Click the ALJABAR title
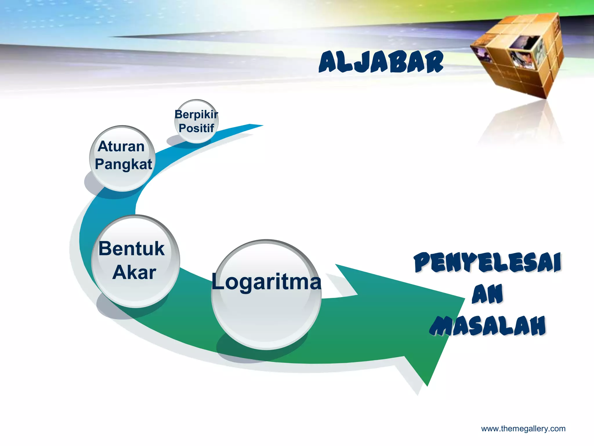(381, 62)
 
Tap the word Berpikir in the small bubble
(196, 114)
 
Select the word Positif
(196, 128)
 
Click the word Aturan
(121, 146)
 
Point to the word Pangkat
(123, 164)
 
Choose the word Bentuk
(131, 249)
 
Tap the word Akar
(134, 273)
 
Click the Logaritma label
(266, 282)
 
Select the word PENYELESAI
(487, 262)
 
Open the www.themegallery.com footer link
(523, 429)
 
